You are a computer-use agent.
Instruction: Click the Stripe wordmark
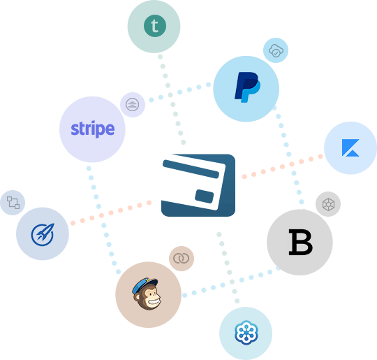pyautogui.click(x=93, y=129)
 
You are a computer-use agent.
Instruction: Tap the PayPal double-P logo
pyautogui.click(x=247, y=87)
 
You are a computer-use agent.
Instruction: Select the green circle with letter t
pyautogui.click(x=155, y=26)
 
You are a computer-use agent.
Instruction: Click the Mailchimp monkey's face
pyautogui.click(x=149, y=297)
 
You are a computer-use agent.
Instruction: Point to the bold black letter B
pyautogui.click(x=300, y=242)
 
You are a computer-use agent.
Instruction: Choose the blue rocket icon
pyautogui.click(x=43, y=235)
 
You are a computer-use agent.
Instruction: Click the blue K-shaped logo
pyautogui.click(x=350, y=147)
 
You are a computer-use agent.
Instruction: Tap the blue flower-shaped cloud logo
pyautogui.click(x=246, y=333)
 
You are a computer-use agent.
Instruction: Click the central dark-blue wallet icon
pyautogui.click(x=198, y=185)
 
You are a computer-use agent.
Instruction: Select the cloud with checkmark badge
pyautogui.click(x=276, y=50)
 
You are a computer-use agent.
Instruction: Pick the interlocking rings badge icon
pyautogui.click(x=182, y=259)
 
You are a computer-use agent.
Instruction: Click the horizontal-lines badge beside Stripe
pyautogui.click(x=132, y=105)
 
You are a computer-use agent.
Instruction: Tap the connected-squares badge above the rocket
pyautogui.click(x=13, y=203)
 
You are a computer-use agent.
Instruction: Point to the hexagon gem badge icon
pyautogui.click(x=328, y=204)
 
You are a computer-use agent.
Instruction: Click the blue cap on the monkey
pyautogui.click(x=145, y=285)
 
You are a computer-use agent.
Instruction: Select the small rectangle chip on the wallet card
pyautogui.click(x=204, y=196)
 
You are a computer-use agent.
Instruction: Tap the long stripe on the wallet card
pyautogui.click(x=191, y=169)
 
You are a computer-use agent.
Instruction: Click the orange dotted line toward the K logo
pyautogui.click(x=282, y=166)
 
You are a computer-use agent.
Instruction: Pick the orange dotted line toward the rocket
pyautogui.click(x=111, y=213)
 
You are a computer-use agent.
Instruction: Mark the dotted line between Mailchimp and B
pyautogui.click(x=231, y=282)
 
